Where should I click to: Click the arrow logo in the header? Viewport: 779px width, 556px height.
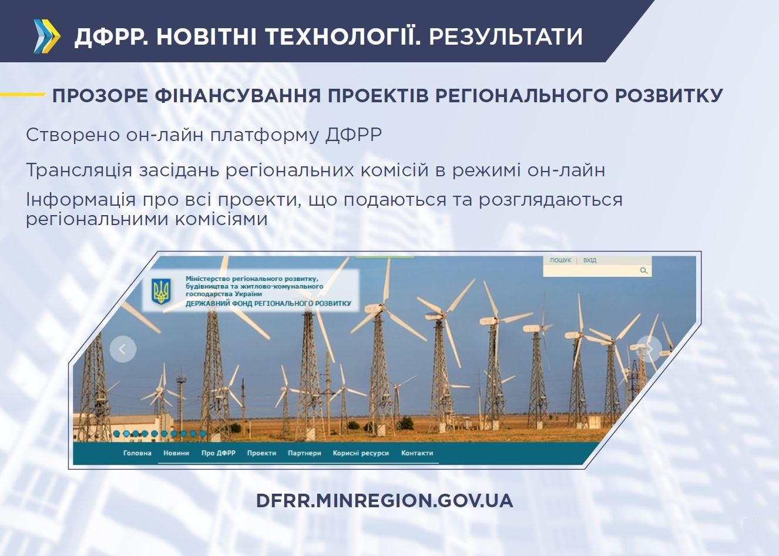[47, 36]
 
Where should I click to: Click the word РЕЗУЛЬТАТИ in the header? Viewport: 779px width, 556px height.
[506, 36]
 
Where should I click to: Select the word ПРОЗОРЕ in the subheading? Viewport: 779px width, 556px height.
[100, 96]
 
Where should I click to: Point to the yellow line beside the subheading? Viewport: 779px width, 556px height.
[22, 94]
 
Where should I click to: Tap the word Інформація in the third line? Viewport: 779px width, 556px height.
[80, 200]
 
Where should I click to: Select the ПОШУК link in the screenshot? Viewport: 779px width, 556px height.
[560, 260]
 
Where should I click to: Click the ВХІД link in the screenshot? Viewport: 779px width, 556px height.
[589, 260]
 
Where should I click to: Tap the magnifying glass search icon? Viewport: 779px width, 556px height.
[644, 270]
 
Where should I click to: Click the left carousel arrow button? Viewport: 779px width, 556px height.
[123, 349]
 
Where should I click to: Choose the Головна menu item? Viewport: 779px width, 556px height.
[137, 453]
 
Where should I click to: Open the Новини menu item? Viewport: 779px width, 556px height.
[176, 453]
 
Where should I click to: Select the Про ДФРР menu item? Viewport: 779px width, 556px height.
[219, 453]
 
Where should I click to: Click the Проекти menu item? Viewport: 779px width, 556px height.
[261, 453]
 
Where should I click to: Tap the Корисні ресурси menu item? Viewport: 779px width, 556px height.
[361, 453]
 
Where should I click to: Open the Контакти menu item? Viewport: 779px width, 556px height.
[417, 453]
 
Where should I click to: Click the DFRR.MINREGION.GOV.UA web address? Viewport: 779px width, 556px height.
[385, 501]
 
